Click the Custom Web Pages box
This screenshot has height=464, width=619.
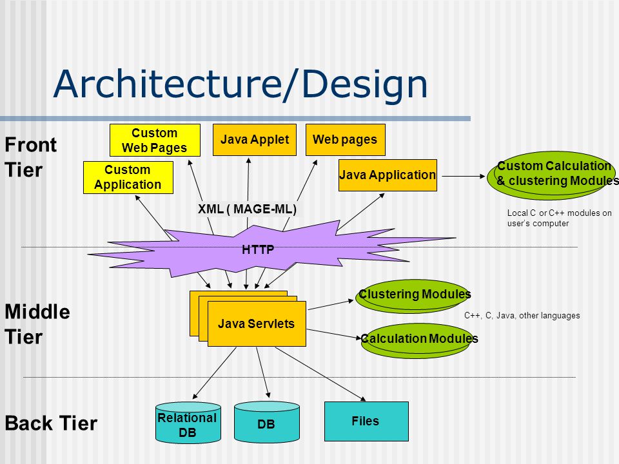155,140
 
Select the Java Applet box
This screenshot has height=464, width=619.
255,140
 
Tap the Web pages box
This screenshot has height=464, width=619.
346,140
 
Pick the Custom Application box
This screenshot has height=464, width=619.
128,178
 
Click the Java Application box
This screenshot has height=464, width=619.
388,175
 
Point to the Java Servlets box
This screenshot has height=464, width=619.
257,324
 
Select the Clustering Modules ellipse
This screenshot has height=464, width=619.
413,296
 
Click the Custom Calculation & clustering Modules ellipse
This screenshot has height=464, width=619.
552,175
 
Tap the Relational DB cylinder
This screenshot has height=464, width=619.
188,423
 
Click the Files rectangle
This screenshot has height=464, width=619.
366,421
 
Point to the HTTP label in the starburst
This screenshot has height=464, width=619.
258,249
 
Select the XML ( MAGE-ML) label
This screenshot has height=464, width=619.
247,209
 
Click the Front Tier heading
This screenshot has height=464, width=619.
31,157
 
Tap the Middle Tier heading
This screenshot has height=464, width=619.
37,324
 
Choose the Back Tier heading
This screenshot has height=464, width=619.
51,423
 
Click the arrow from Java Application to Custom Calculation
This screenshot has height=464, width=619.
464,176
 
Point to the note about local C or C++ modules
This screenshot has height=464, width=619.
560,218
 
